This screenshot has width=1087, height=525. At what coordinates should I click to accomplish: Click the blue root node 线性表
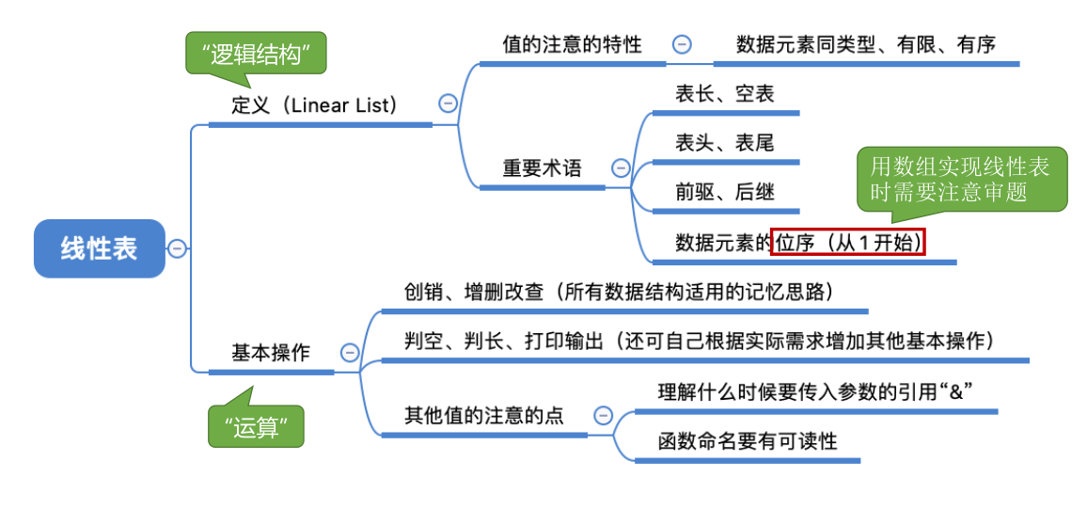tap(99, 248)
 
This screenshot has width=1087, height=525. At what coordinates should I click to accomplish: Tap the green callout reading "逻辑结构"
tap(256, 55)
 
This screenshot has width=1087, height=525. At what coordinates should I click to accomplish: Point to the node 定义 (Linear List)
tap(316, 104)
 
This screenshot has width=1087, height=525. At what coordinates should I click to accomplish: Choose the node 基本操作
tap(271, 353)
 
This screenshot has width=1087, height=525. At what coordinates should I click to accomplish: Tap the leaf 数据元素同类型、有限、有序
tap(865, 44)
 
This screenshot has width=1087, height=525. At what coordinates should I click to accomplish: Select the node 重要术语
tap(542, 168)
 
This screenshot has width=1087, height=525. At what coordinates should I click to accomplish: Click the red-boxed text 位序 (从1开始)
tap(848, 243)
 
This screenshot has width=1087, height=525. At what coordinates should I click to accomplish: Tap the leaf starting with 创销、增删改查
tap(620, 292)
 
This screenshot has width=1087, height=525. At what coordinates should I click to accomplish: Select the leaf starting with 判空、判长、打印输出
tap(700, 341)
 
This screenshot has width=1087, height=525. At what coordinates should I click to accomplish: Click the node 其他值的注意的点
tap(483, 415)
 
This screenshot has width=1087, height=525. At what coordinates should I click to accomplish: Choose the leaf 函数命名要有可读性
tap(747, 439)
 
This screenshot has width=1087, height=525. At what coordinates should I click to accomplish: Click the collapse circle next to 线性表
tap(177, 248)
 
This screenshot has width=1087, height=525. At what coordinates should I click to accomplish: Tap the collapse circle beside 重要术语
tap(621, 168)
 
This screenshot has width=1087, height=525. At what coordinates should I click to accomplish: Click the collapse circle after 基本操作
tap(350, 353)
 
